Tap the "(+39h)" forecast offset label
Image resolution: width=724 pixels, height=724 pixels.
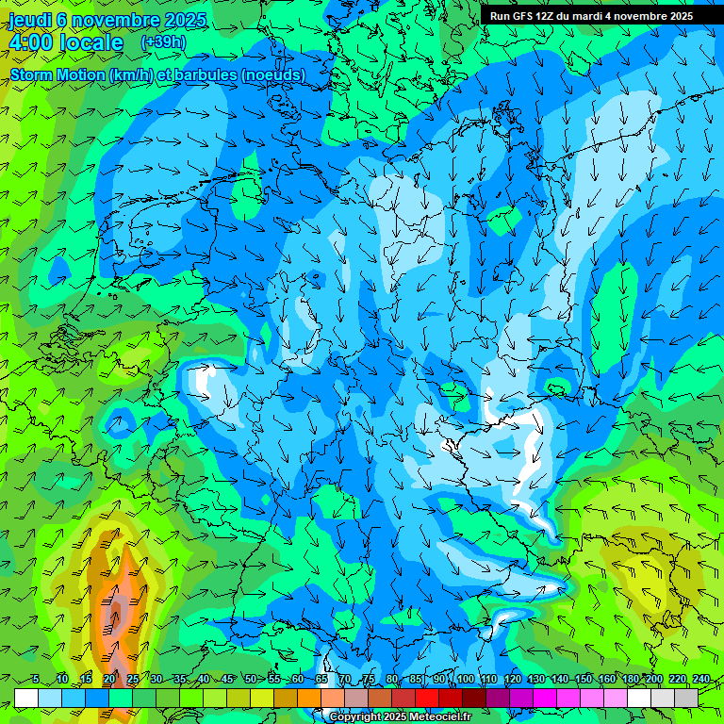pyautogui.click(x=162, y=42)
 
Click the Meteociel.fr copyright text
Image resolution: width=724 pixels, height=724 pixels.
pyautogui.click(x=401, y=717)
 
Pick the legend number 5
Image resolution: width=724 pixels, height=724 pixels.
pyautogui.click(x=35, y=680)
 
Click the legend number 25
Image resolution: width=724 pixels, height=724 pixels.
pyautogui.click(x=133, y=680)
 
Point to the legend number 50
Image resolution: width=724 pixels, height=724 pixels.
pyautogui.click(x=251, y=680)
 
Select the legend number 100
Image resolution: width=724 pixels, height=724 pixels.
pyautogui.click(x=465, y=680)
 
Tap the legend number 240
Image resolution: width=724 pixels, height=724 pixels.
pyautogui.click(x=701, y=680)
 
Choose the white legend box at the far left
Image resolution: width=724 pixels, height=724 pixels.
pyautogui.click(x=26, y=698)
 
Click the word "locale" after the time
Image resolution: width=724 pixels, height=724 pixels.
pyautogui.click(x=90, y=42)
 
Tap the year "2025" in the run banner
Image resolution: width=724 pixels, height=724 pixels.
pyautogui.click(x=678, y=16)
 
